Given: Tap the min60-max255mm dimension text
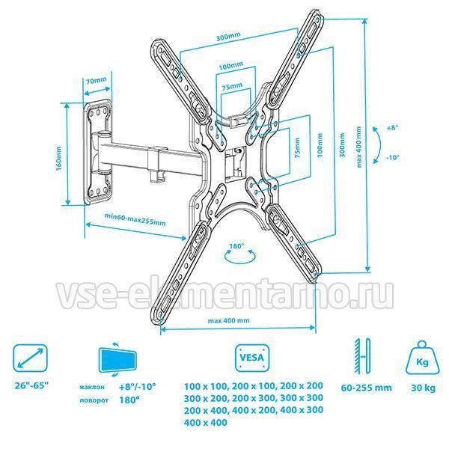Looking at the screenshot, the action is pyautogui.click(x=135, y=219).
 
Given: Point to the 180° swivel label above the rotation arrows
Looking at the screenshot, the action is pyautogui.click(x=236, y=245).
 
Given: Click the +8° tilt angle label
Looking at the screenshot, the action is pyautogui.click(x=393, y=128).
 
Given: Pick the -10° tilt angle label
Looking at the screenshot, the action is pyautogui.click(x=392, y=157).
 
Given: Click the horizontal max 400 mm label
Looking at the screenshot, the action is pyautogui.click(x=228, y=320).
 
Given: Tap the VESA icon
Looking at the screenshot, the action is pyautogui.click(x=252, y=358).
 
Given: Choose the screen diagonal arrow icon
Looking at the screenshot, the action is pyautogui.click(x=30, y=358).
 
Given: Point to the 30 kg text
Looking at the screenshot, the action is pyautogui.click(x=424, y=388).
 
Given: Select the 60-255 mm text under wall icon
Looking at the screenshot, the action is pyautogui.click(x=366, y=388).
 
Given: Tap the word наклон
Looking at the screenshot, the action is pyautogui.click(x=92, y=387).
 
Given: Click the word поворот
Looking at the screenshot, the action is pyautogui.click(x=94, y=400).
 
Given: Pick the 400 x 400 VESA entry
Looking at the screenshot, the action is pyautogui.click(x=205, y=422).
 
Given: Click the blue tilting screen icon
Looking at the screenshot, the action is pyautogui.click(x=117, y=360).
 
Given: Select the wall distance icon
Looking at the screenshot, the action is pyautogui.click(x=362, y=356).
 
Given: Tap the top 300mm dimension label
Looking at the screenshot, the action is pyautogui.click(x=228, y=36).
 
